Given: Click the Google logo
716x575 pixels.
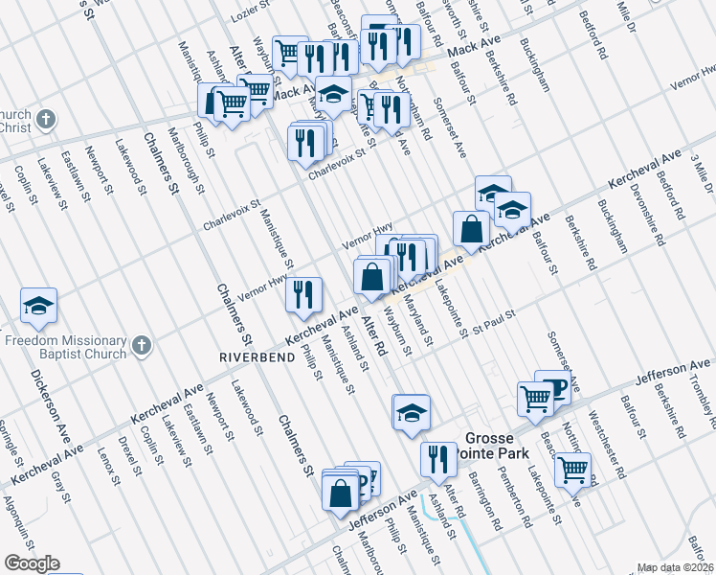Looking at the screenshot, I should click(31, 564).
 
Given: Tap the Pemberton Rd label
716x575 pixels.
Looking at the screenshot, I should click(517, 496).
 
